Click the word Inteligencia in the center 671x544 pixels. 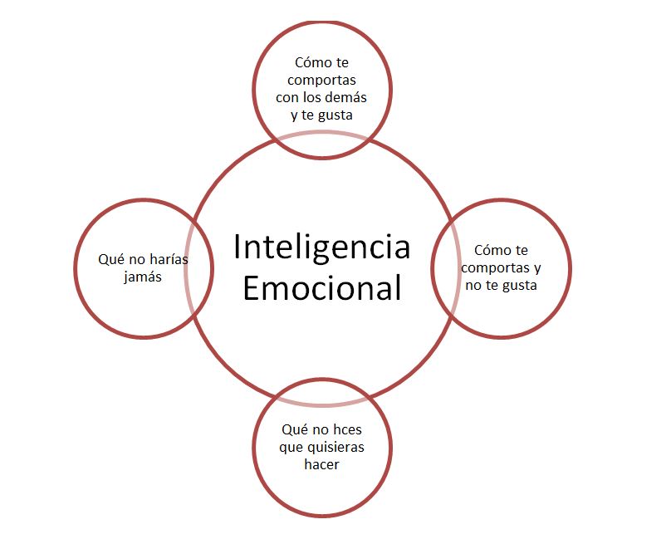tap(321, 247)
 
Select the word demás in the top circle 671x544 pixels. tap(347, 96)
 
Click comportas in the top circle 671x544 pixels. tap(321, 79)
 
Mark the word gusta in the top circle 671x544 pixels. tap(335, 115)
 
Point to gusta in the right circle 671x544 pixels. tap(518, 285)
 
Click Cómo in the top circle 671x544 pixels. tap(310, 61)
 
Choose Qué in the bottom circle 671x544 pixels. tap(295, 430)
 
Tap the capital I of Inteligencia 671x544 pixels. tap(238, 247)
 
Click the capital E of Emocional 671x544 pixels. tap(252, 288)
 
